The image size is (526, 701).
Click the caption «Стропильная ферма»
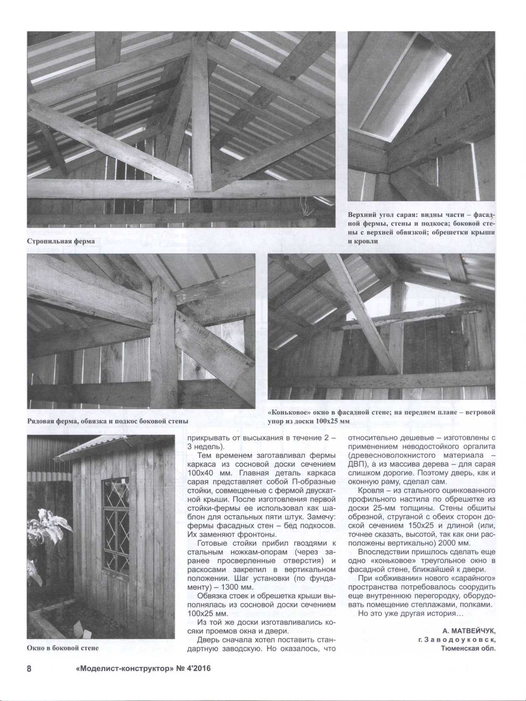(61, 241)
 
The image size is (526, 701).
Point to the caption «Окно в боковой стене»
(63, 648)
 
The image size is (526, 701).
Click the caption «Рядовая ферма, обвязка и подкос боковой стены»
(107, 421)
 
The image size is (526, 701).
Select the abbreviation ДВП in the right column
(356, 464)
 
